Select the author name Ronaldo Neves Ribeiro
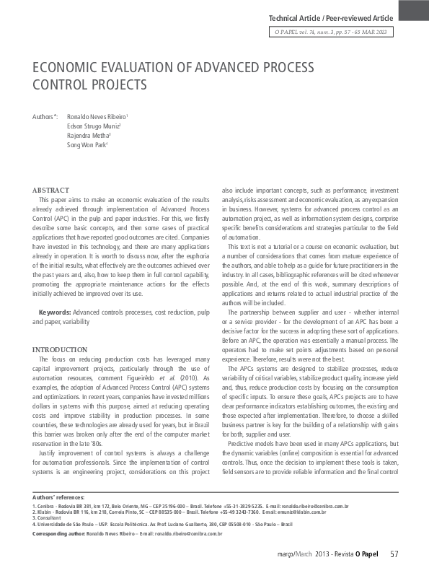97,116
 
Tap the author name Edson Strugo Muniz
92,126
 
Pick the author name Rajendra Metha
88,135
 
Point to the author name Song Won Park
86,145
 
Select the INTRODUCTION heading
61,349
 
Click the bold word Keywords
54,311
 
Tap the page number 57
394,554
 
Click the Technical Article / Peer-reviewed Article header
331,17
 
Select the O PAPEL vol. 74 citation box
331,32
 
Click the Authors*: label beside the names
45,116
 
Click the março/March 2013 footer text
315,555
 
